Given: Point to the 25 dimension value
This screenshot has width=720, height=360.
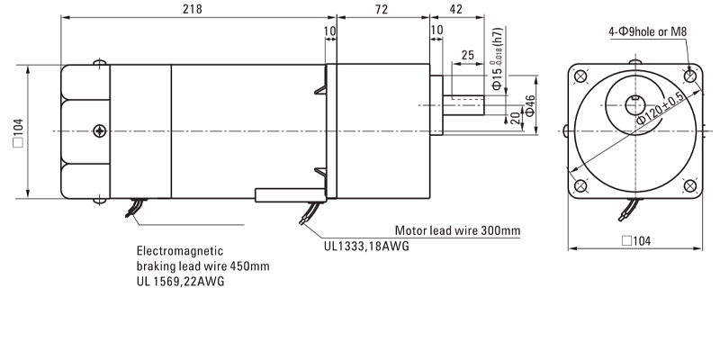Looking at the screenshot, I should [x=467, y=56].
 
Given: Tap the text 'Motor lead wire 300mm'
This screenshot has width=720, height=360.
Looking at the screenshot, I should [x=458, y=230].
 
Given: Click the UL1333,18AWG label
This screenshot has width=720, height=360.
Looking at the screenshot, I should [x=367, y=245].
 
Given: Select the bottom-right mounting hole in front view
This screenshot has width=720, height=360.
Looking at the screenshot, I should [x=690, y=186].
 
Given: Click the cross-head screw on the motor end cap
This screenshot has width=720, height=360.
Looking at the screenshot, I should [x=98, y=131].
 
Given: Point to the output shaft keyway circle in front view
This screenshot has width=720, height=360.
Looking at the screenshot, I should [x=635, y=101].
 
